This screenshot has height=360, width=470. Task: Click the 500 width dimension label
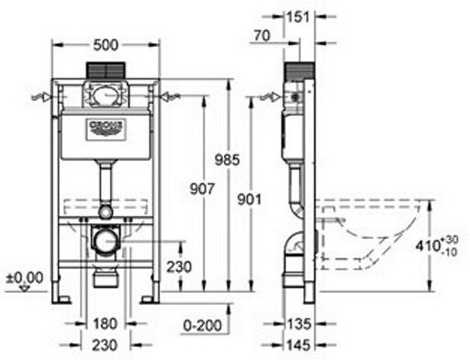(106, 45)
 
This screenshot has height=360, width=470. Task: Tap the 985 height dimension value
(227, 160)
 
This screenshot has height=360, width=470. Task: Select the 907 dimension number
(202, 188)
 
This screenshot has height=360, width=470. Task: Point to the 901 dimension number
(250, 199)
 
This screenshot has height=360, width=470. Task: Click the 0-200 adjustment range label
(203, 325)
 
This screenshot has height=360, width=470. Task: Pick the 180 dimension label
(105, 323)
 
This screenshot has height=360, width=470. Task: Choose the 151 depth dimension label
(297, 17)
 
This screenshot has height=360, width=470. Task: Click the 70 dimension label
(263, 36)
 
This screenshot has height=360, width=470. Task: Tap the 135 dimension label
(299, 323)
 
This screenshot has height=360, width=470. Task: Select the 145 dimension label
(299, 345)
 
